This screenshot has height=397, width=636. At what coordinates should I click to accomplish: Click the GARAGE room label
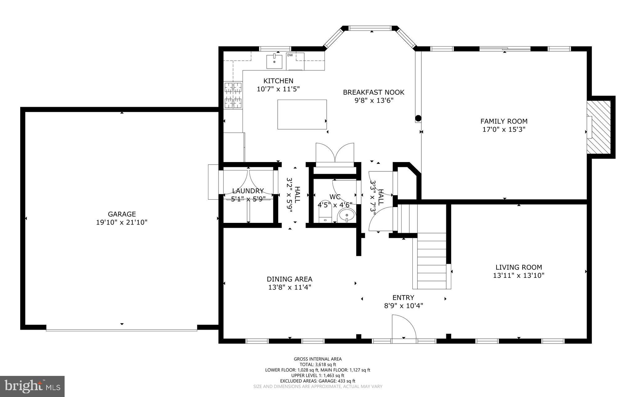[122, 214]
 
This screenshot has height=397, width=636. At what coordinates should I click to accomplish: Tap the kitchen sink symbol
[274, 61]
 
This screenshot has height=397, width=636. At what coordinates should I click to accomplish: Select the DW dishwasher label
[290, 55]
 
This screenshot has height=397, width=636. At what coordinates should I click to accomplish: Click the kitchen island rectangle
[302, 114]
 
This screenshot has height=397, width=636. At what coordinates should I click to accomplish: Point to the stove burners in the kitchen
[233, 95]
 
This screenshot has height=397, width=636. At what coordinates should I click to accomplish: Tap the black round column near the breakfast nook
[418, 118]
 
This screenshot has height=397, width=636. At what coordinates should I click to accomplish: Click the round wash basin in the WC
[347, 215]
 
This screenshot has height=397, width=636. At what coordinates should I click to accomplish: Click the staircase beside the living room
[432, 261]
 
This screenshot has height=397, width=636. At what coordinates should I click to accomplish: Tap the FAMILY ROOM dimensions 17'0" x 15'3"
[504, 129]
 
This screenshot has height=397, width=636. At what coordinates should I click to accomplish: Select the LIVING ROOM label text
[519, 267]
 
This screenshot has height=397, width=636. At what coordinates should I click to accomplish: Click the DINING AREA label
[289, 279]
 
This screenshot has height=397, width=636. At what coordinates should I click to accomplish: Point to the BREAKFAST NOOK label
[373, 92]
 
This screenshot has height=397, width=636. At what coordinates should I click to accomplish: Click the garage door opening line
[121, 330]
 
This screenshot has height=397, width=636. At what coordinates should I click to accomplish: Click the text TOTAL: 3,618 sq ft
[317, 364]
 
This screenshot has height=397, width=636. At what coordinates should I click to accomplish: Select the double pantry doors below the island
[335, 153]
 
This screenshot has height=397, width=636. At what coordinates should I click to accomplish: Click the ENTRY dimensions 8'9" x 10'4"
[403, 306]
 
